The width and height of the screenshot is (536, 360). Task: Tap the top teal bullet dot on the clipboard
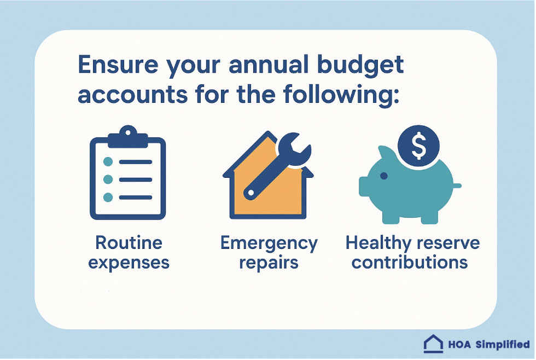108,161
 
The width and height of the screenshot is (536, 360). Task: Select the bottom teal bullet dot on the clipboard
108,196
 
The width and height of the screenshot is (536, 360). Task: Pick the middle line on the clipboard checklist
135,179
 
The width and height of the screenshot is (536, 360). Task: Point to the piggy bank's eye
383,176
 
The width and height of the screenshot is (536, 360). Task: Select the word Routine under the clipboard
129,243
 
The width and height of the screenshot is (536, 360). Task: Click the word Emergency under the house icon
269,243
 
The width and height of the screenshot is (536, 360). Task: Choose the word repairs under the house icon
269,262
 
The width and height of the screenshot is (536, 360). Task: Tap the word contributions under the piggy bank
410,262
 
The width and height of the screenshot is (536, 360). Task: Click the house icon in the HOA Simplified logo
433,344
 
